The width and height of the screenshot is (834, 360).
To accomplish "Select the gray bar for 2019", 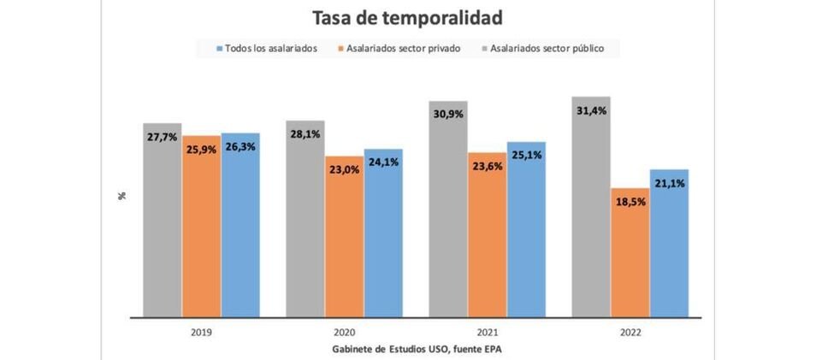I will (x=163, y=222).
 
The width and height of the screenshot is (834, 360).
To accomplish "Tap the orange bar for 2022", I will (x=630, y=257).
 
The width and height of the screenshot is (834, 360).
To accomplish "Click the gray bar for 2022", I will (x=591, y=214).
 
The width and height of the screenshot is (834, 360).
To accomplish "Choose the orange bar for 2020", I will (x=344, y=239).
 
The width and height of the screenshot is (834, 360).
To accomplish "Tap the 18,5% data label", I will (x=630, y=203).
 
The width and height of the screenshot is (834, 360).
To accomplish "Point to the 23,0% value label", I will (x=344, y=169).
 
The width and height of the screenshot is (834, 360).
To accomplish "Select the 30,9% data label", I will (x=448, y=115).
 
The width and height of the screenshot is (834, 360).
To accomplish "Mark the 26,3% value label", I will (x=240, y=146).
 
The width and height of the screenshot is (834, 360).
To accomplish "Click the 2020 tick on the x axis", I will (x=344, y=332).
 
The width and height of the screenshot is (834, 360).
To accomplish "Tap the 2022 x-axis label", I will (x=630, y=332).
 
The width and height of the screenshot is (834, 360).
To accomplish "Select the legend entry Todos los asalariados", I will (x=270, y=49).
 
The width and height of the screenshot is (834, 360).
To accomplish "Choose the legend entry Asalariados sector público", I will (x=547, y=49).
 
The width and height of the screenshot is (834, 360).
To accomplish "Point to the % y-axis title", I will (x=122, y=196).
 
